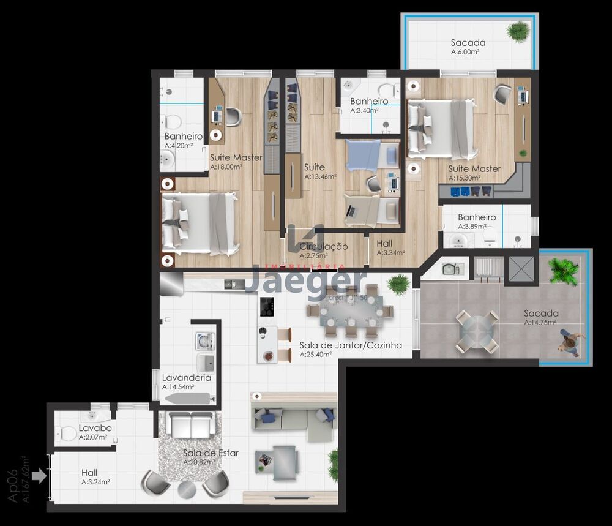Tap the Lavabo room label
(x=95, y=428)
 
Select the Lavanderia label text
(x=186, y=377)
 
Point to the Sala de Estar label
(x=211, y=453)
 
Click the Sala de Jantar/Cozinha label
(x=351, y=345)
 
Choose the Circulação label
(x=323, y=246)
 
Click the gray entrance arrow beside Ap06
(x=39, y=475)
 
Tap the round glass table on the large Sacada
(x=476, y=331)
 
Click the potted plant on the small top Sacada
(x=518, y=31)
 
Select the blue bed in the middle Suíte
(x=364, y=155)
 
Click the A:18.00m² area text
(x=226, y=167)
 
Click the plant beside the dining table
(x=398, y=284)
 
